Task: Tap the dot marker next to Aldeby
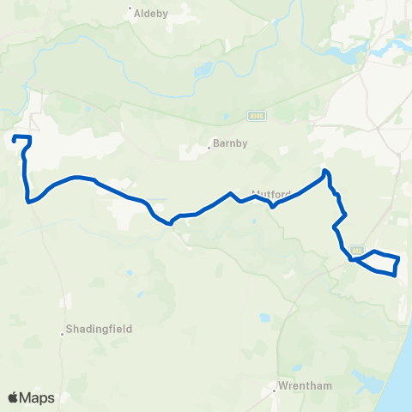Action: [130, 10]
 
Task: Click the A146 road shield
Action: [255, 113]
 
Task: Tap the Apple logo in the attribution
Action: [14, 397]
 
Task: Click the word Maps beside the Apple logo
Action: [38, 397]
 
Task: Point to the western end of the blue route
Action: [15, 137]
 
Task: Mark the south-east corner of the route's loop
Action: [394, 275]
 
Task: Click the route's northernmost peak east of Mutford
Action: [324, 171]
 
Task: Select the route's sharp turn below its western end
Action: [29, 202]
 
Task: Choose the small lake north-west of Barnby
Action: [203, 71]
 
